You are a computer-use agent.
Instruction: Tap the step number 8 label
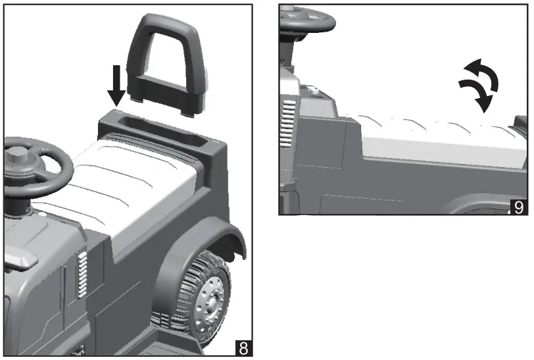243,347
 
